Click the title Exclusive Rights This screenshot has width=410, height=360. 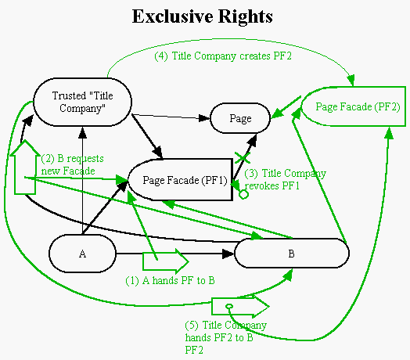pyautogui.click(x=203, y=16)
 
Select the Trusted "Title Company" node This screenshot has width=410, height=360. pyautogui.click(x=83, y=102)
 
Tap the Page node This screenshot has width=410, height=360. pyautogui.click(x=240, y=118)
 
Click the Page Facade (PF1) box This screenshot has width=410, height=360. pyautogui.click(x=181, y=180)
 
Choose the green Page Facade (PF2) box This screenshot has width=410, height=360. pyautogui.click(x=353, y=106)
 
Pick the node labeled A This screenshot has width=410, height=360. pyautogui.click(x=82, y=254)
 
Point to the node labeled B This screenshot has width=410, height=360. pyautogui.click(x=292, y=254)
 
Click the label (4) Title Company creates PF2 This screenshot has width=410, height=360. pyautogui.click(x=223, y=56)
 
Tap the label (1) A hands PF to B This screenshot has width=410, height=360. pyautogui.click(x=170, y=281)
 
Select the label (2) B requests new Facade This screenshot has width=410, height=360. pyautogui.click(x=73, y=164)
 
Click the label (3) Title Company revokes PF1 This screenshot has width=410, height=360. pyautogui.click(x=285, y=179)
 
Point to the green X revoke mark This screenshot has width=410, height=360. pyautogui.click(x=243, y=158)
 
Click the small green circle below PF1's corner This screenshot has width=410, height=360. pyautogui.click(x=243, y=194)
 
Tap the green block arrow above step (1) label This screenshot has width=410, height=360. pyautogui.click(x=166, y=261)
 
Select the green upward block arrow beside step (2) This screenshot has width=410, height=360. pyautogui.click(x=25, y=167)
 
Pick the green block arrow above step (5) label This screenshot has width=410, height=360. pyautogui.click(x=240, y=306)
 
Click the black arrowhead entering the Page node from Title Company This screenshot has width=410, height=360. pyautogui.click(x=204, y=118)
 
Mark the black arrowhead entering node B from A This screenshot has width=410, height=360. pyautogui.click(x=228, y=254)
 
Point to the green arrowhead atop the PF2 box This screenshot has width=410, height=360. pyautogui.click(x=351, y=79)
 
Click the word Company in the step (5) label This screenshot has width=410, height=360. pyautogui.click(x=246, y=326)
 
